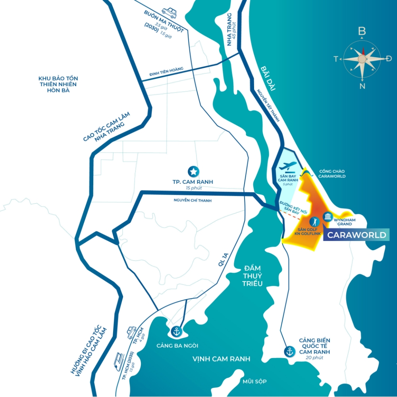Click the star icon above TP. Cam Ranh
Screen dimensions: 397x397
tap(193, 172)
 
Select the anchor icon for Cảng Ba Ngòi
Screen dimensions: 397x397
tap(175, 331)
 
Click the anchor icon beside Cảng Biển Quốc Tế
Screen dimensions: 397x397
tap(289, 351)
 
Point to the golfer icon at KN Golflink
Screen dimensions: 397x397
tap(315, 221)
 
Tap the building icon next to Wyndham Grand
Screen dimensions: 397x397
tap(328, 216)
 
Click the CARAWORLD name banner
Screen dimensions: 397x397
tap(356, 235)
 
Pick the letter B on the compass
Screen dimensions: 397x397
tap(362, 31)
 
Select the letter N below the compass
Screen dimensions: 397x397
tap(362, 86)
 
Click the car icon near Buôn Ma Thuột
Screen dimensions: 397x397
tap(169, 13)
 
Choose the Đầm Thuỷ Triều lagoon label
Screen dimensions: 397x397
tap(253, 276)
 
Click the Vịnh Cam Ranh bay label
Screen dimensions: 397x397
tap(222, 359)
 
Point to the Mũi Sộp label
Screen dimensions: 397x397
tap(255, 382)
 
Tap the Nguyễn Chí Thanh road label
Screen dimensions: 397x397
tap(193, 200)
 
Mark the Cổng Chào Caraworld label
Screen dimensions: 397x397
tap(332, 173)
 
